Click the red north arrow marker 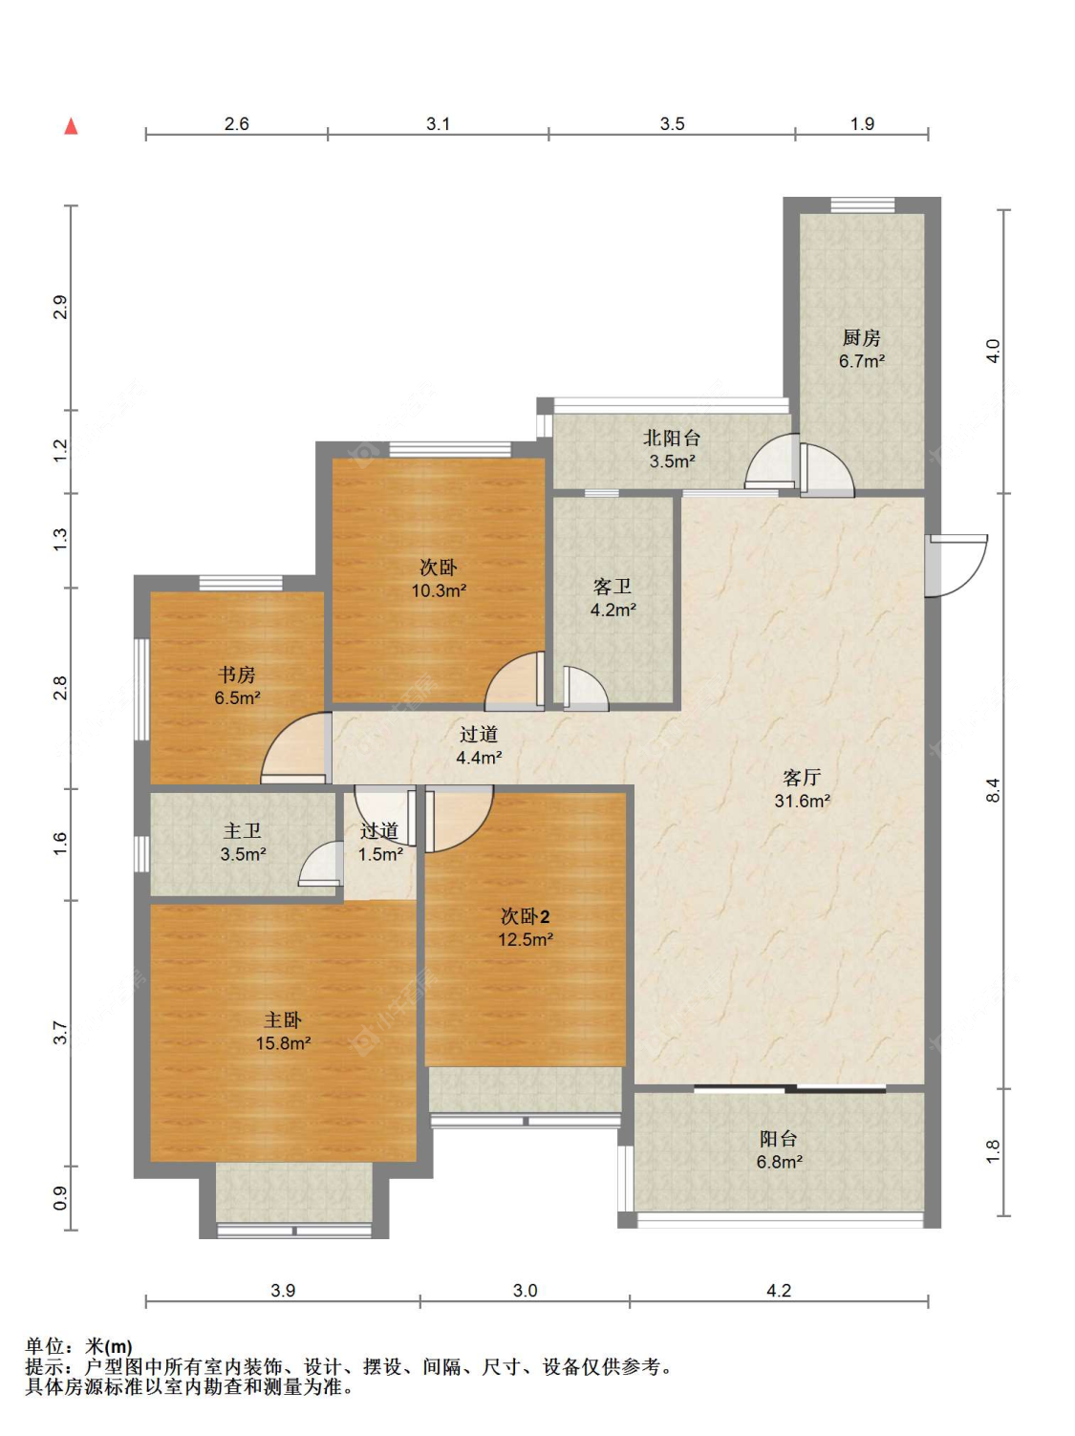pos(71,126)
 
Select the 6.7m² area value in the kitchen pos(862,360)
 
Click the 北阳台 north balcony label pos(672,438)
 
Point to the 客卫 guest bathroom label pos(612,587)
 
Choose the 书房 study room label pos(236,674)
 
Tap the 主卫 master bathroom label pos(242,831)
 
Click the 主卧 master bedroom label pos(283,1020)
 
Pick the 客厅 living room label pos(802,777)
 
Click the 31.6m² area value pos(802,801)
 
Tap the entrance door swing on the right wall pos(957,566)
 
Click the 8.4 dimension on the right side pos(993,790)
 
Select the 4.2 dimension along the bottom pos(778,1290)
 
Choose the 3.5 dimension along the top pos(672,123)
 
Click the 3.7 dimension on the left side pos(60,1033)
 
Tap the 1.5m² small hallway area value pos(380,854)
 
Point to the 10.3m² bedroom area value pos(439,590)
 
